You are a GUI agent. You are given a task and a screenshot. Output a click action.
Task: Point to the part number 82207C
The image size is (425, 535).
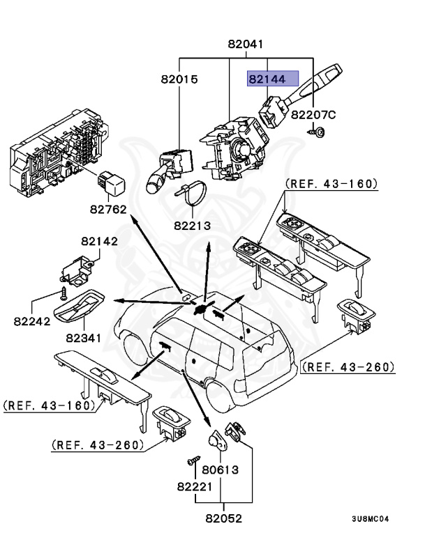click(313, 114)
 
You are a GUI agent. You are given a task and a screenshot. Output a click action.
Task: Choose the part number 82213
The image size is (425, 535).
click(193, 226)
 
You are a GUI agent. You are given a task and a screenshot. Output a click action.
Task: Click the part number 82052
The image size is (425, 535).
click(223, 518)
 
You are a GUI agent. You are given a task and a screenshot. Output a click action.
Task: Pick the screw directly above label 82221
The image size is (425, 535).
click(193, 462)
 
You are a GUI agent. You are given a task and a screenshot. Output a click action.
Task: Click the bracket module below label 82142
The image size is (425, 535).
click(77, 267)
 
